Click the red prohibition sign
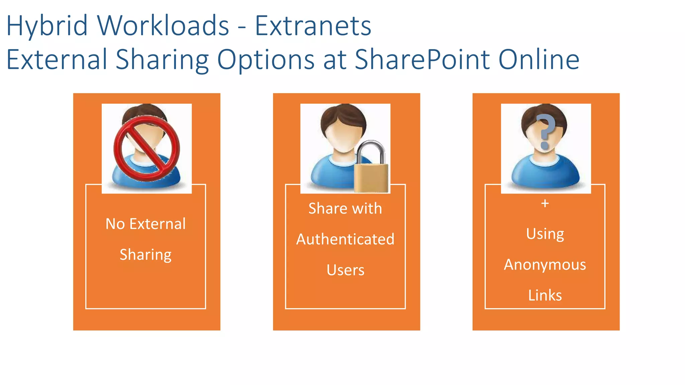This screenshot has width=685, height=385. click(x=146, y=148)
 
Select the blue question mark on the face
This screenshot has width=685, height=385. click(x=545, y=131)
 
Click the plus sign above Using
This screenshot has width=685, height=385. click(x=545, y=203)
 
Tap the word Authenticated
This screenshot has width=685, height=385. click(x=345, y=239)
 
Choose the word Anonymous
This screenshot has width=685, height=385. click(x=545, y=265)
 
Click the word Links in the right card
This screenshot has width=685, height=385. click(x=545, y=295)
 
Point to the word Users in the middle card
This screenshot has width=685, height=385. click(x=345, y=270)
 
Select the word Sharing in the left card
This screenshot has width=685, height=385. click(x=145, y=255)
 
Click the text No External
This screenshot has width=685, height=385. click(x=145, y=224)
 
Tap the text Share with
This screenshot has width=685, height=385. click(x=345, y=209)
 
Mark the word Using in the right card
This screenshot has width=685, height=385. click(x=545, y=234)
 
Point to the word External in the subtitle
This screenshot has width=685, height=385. click(x=57, y=59)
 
